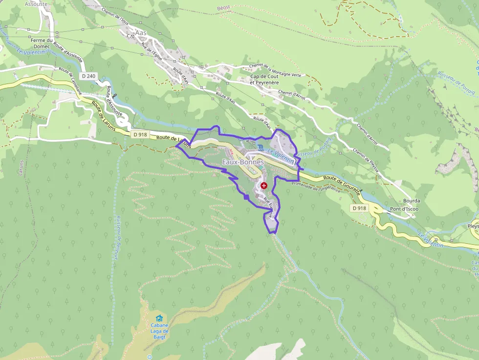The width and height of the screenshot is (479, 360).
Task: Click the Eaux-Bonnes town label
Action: (243, 162)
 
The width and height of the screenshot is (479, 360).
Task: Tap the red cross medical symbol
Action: (264, 186)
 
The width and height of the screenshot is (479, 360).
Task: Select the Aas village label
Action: (141, 33)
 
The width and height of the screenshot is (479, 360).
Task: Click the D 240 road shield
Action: (89, 76)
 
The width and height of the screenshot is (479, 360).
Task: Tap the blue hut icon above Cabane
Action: (159, 318)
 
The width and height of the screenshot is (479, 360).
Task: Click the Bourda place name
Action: (412, 201)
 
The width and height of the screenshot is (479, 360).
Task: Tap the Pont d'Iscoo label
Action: (404, 209)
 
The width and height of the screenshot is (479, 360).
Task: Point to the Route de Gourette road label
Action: (342, 185)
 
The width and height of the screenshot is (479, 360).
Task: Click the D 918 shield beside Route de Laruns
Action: (140, 134)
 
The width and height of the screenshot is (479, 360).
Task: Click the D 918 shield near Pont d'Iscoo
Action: (359, 208)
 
